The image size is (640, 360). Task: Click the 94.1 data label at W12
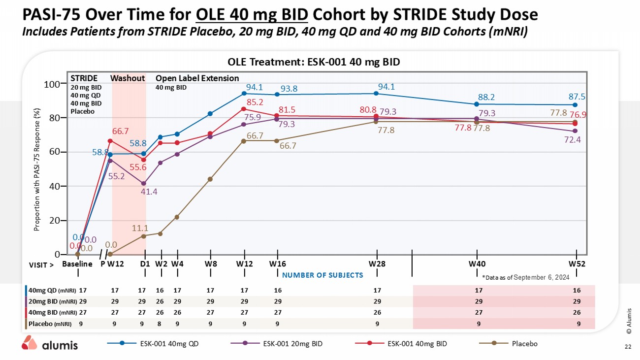coord(254,88)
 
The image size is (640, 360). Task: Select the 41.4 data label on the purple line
coord(149,192)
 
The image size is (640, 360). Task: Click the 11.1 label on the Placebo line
coord(140,228)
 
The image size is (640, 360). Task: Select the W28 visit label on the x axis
coord(377,263)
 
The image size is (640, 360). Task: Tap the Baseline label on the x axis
coord(77,263)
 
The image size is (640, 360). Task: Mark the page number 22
coord(628,347)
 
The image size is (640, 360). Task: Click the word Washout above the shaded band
coord(128,78)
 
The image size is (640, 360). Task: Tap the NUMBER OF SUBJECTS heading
coord(322,275)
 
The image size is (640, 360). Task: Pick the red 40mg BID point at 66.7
coord(110,141)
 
